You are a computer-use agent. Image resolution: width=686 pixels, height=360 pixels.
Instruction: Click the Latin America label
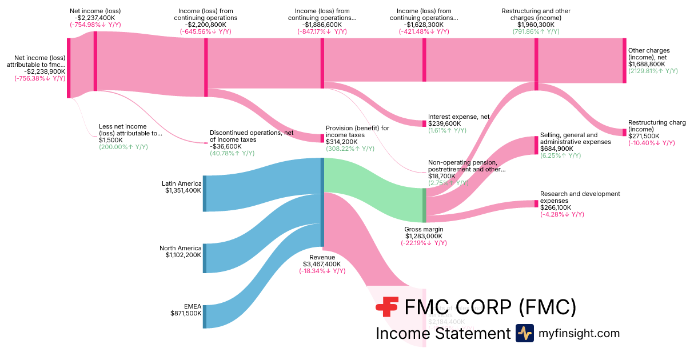pos(182,184)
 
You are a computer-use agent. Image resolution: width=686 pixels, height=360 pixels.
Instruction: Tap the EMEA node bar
pos(205,317)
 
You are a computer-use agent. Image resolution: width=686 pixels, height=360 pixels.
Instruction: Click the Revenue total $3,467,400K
pos(322,265)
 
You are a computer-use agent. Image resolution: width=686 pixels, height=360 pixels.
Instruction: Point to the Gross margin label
pos(424,229)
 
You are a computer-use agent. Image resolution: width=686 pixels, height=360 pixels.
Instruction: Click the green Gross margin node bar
pos(424,205)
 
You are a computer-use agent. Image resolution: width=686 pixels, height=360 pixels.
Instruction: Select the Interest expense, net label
pos(458,117)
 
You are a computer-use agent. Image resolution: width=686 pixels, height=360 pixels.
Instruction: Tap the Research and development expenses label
pos(580,197)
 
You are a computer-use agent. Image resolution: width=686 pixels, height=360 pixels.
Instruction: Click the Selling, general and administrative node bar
pos(536,146)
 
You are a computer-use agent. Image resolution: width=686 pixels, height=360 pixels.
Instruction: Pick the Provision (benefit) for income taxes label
pos(357,131)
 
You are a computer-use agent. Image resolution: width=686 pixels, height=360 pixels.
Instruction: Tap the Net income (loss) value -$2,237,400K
pos(95,18)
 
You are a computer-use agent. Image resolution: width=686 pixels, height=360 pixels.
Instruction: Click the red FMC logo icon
pos(387,307)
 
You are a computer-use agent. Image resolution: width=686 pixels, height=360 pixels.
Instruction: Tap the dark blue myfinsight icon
pos(524,333)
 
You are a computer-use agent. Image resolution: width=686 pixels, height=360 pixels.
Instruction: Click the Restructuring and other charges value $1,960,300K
pos(536,25)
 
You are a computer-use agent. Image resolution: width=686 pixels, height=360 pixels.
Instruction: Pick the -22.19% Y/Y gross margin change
pos(424,243)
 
